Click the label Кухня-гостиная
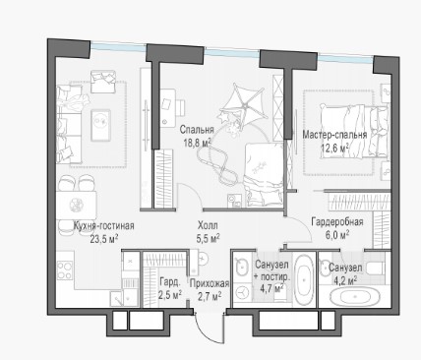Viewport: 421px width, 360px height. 103,225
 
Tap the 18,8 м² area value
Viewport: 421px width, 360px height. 197,143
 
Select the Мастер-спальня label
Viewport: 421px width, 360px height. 334,135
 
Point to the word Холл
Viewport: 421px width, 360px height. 208,225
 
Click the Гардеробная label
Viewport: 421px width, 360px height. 337,222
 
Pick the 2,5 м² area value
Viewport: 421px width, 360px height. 170,295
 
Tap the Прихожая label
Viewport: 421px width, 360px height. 210,283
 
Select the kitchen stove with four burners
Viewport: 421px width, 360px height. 65,270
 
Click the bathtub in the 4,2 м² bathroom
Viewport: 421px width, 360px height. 355,297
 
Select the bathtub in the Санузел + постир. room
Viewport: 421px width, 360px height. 304,280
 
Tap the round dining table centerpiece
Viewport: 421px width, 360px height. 76,205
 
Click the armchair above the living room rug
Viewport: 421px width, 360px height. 102,82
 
